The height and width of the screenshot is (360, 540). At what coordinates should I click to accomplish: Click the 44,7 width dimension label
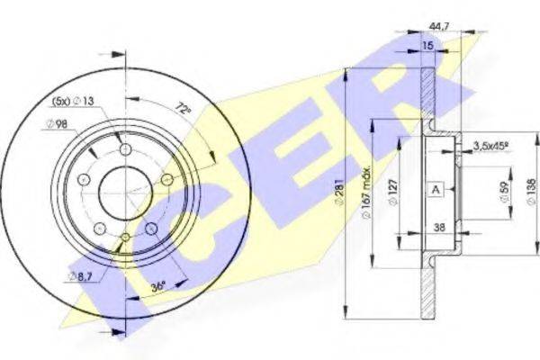point(439,26)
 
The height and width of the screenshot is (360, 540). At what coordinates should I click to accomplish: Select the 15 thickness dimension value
point(427,45)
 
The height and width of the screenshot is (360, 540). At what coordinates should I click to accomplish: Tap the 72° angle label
point(183,108)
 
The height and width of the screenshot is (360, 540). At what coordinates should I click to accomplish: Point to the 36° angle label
point(158,286)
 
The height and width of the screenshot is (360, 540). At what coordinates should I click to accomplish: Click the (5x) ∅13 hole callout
point(73,101)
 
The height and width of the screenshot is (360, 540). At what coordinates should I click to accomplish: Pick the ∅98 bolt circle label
point(57,123)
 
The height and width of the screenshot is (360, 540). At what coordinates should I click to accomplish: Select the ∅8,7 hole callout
point(82,276)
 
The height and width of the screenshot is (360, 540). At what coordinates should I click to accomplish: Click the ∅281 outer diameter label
point(339,192)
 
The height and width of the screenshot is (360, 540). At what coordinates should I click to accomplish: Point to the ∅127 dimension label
point(393,192)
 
